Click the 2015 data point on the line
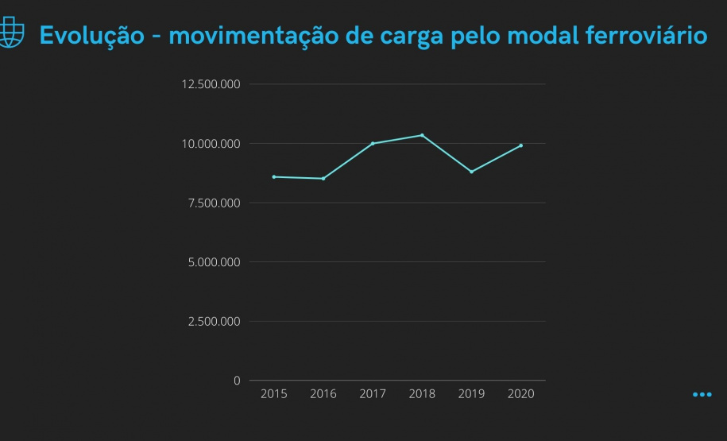274,176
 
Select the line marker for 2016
323,179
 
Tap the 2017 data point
373,143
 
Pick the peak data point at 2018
422,135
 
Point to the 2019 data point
471,172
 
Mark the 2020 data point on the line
521,145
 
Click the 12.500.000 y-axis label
211,84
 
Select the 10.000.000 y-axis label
211,144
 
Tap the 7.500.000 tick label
214,203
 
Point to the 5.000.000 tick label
214,262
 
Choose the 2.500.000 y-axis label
214,322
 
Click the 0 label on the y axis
237,381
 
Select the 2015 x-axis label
274,394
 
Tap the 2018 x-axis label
422,394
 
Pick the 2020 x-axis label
521,394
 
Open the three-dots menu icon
702,394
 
